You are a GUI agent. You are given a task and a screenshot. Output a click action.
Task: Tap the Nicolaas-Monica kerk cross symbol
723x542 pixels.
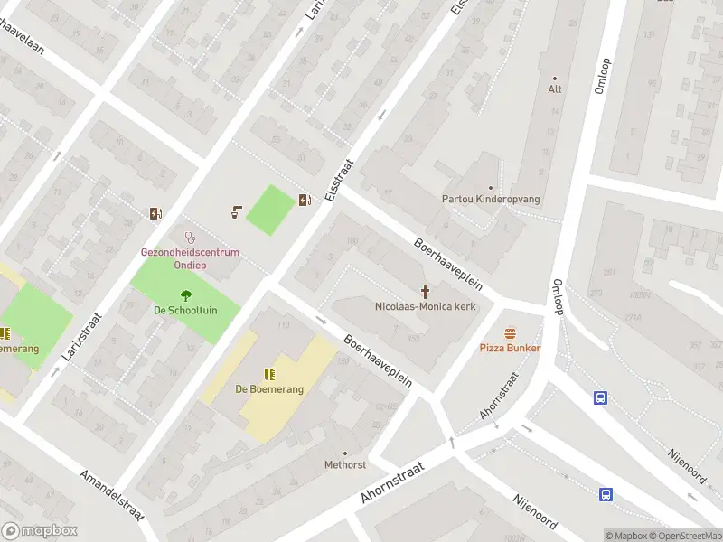(x=425, y=291)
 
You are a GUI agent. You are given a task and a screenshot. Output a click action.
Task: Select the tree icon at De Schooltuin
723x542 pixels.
(x=185, y=294)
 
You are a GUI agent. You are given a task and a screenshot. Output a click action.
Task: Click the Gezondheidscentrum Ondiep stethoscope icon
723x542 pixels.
(x=190, y=238)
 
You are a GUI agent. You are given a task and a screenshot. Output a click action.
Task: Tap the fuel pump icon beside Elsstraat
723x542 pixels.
(x=305, y=199)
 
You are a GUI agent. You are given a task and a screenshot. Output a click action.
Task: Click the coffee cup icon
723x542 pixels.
(x=235, y=212)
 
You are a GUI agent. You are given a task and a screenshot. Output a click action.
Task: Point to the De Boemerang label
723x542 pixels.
(x=269, y=389)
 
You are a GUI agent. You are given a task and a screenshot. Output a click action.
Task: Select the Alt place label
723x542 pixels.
(x=555, y=89)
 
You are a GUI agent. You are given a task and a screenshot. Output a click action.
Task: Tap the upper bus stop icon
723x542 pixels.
(x=599, y=397)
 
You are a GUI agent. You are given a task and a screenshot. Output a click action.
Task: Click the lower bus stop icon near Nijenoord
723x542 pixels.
(x=606, y=493)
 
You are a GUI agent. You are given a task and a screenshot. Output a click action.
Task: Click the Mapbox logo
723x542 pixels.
(x=39, y=531)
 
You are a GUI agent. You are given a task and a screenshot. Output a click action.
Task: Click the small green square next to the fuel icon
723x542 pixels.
(x=269, y=210)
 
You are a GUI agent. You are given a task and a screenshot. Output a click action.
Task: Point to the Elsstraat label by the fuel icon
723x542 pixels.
(x=335, y=177)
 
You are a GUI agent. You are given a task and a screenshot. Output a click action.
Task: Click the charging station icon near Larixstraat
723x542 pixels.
(x=155, y=213)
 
